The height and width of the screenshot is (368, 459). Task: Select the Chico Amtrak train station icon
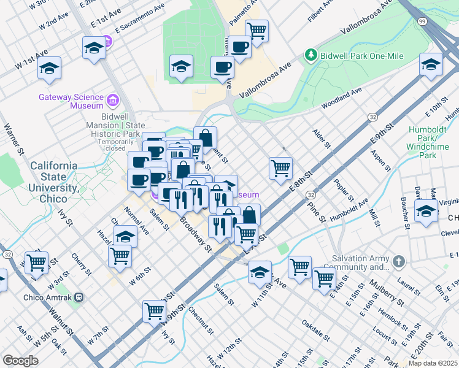point(77,297)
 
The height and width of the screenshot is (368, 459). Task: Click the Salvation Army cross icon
point(399,262)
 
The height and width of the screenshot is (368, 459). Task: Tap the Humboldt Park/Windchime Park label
point(428,139)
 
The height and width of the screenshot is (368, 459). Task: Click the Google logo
point(21,361)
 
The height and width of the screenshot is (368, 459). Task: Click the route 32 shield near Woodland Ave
point(372,117)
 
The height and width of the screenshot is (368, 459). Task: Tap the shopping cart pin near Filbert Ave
point(256,29)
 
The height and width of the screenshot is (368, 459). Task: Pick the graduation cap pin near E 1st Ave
point(94,47)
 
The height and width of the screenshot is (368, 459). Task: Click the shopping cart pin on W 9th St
point(153,310)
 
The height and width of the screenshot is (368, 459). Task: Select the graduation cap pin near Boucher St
point(426,210)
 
